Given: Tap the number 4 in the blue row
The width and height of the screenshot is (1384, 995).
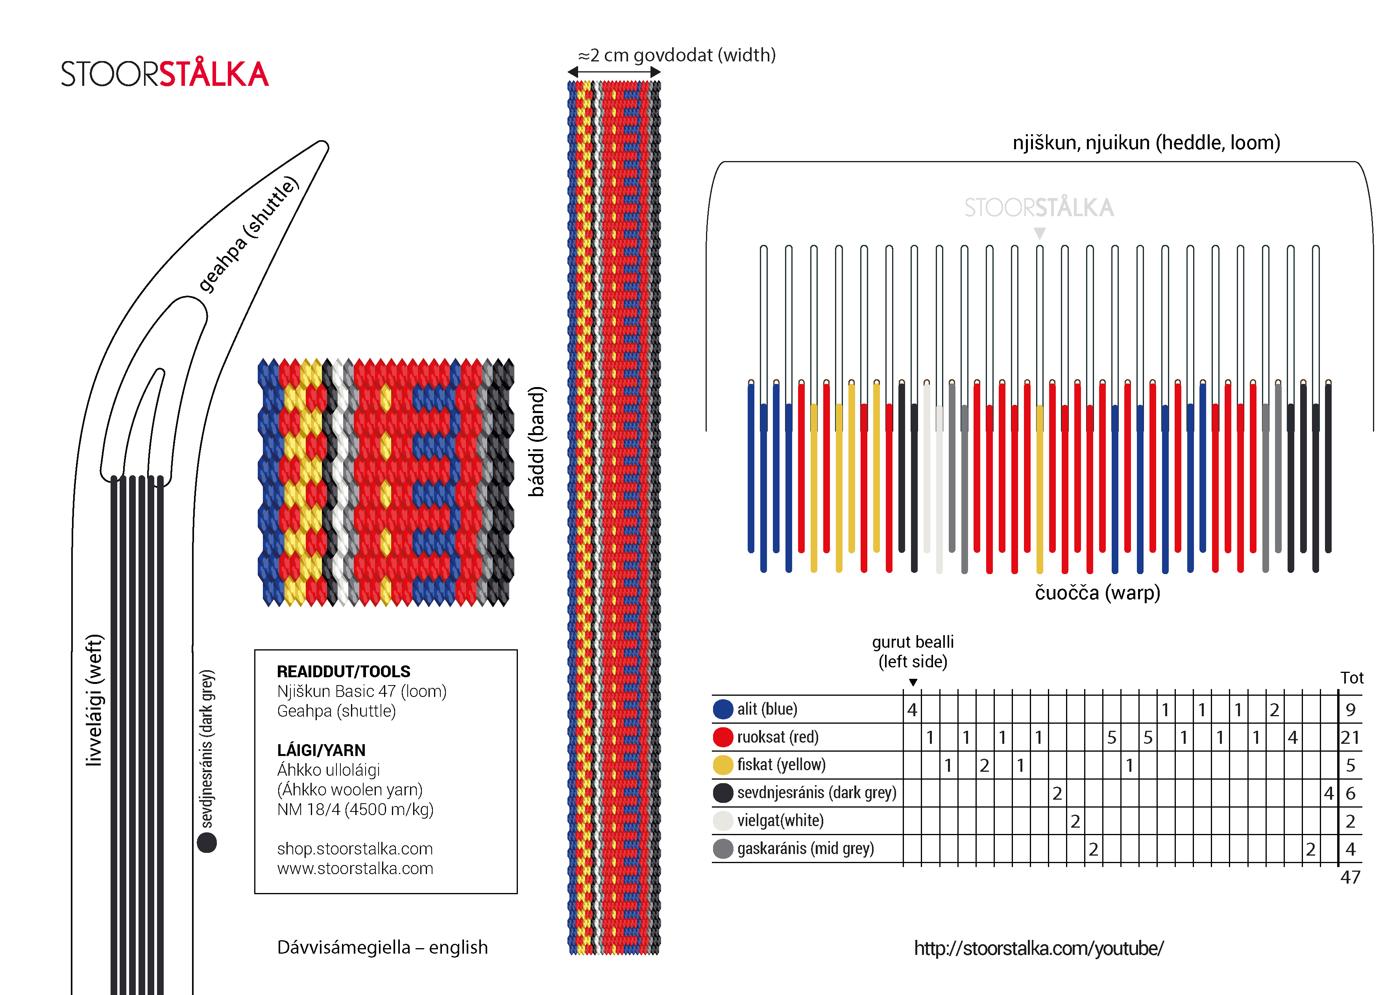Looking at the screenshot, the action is [x=912, y=709].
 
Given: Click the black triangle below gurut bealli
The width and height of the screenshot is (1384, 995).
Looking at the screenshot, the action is [x=913, y=682].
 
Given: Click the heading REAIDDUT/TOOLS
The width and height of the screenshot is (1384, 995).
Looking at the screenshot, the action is [x=344, y=671].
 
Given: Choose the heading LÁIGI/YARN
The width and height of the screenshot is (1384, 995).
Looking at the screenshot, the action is [x=321, y=750].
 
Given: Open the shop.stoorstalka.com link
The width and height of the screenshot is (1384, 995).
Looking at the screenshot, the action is [x=355, y=849].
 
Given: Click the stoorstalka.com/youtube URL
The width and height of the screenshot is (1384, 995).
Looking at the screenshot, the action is [x=1038, y=948].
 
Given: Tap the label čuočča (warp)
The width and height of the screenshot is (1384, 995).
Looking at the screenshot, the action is [x=1097, y=593].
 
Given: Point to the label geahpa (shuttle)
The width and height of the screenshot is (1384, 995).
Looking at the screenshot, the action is [x=248, y=234].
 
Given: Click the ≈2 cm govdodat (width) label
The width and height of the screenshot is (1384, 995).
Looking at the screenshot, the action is [x=677, y=55].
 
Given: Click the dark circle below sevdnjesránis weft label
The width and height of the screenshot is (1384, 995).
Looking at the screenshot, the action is [x=207, y=843].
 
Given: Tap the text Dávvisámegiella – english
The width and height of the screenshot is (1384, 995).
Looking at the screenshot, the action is [x=382, y=947].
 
